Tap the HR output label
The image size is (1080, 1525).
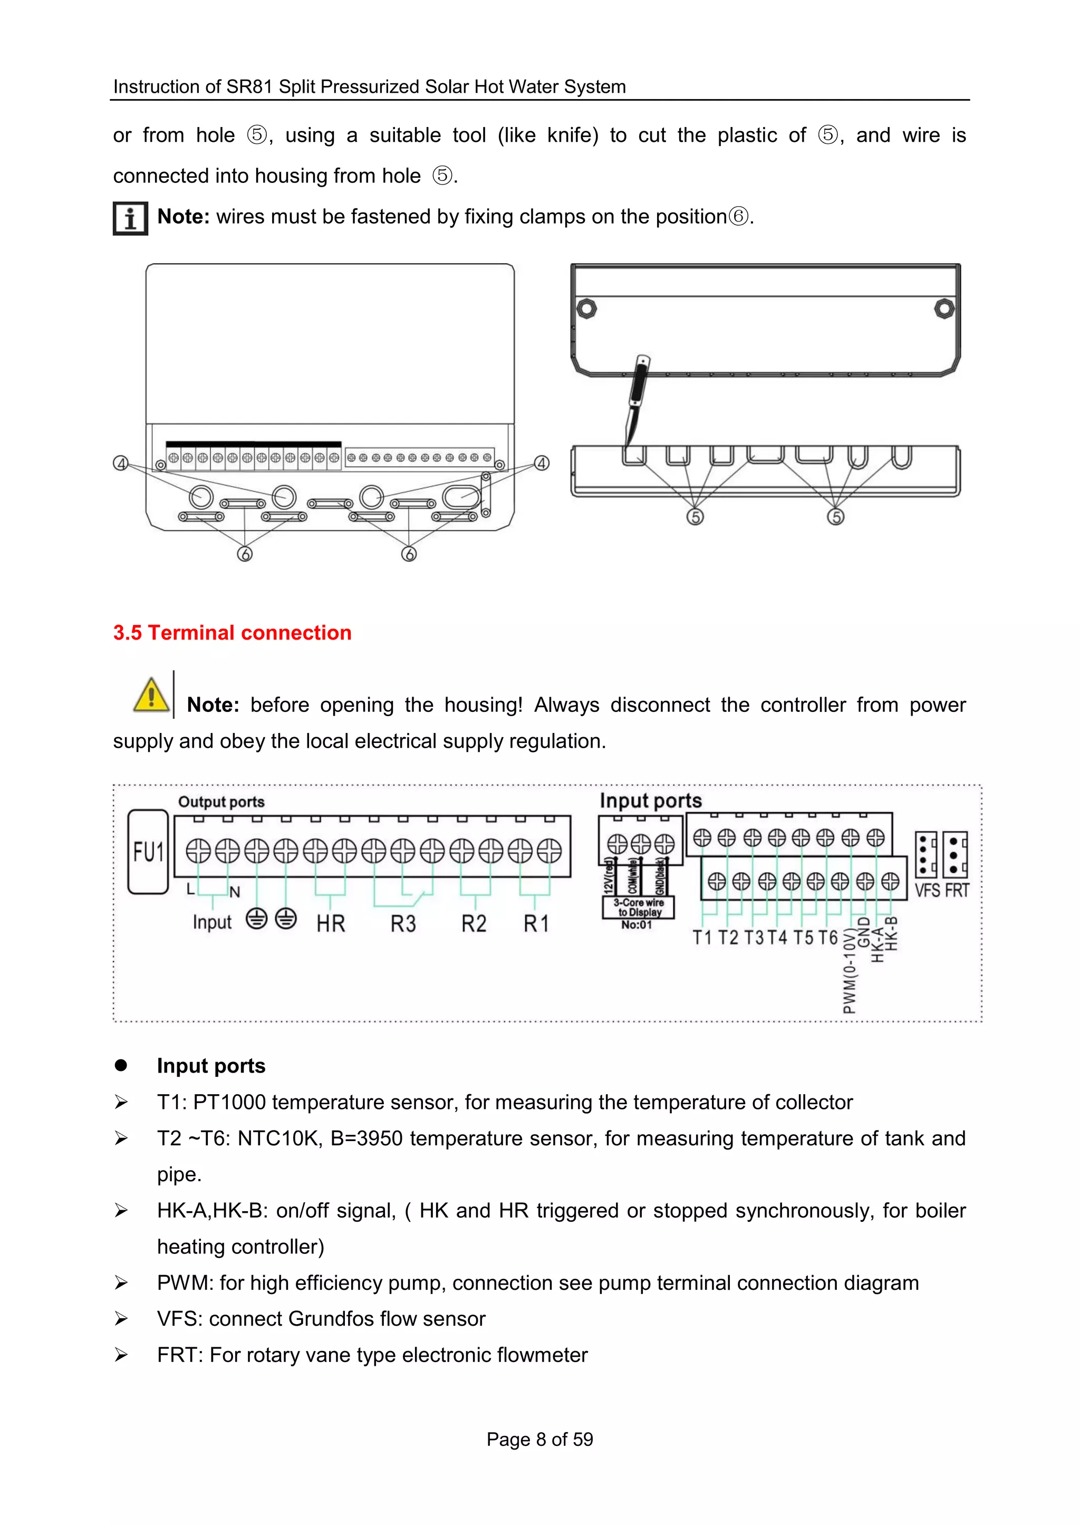tap(331, 924)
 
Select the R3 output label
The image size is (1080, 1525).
tap(403, 924)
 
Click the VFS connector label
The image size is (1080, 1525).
tap(927, 890)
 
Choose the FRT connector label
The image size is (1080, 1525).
tap(957, 890)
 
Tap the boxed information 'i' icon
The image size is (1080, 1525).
tap(130, 218)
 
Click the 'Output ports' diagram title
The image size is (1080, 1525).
tap(221, 802)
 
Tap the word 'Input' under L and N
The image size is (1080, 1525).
tap(212, 922)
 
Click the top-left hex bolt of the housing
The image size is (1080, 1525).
tap(586, 308)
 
